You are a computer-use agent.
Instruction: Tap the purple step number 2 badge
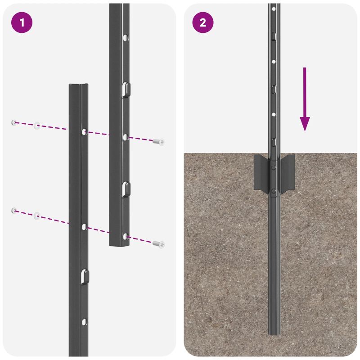pos(203,23)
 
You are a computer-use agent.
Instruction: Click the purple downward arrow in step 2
pos(305,99)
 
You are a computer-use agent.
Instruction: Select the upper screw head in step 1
pos(158,142)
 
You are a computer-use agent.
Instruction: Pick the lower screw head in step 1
pos(158,244)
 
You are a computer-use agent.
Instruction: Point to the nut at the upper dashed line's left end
pos(14,122)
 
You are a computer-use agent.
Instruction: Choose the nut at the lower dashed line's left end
pos(14,210)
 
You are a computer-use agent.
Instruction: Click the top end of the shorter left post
pos(78,85)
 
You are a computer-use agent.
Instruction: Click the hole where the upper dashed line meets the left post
pos(84,131)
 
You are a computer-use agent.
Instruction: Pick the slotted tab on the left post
pos(84,276)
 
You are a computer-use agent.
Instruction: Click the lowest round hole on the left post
pos(84,322)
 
